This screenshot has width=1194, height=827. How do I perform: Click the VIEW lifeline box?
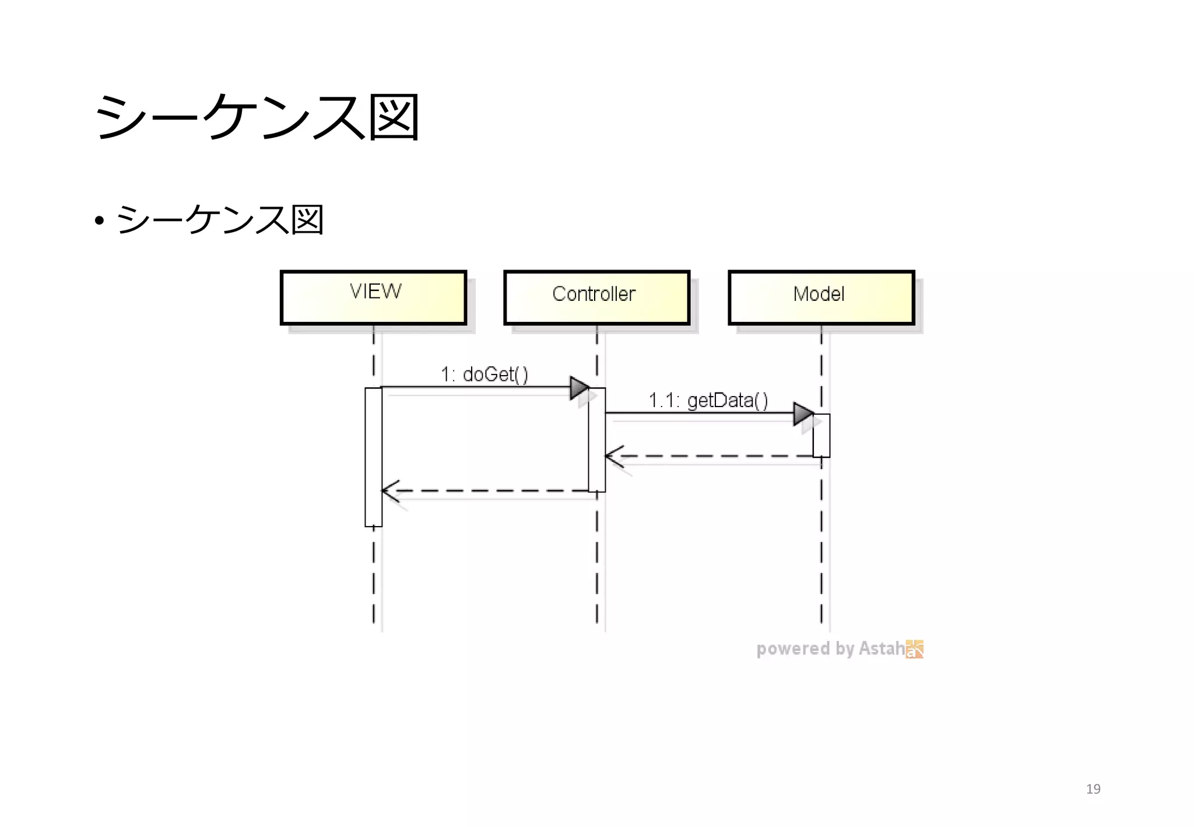tap(374, 297)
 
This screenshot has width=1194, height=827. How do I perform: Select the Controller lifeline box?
tap(596, 297)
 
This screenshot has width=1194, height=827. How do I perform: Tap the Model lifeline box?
tap(821, 297)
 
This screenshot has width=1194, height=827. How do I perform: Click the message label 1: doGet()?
tap(484, 374)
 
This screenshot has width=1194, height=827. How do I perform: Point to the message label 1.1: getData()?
tap(708, 401)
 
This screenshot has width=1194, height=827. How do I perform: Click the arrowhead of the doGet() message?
tap(580, 387)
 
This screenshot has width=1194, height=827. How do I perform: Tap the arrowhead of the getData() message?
tap(803, 413)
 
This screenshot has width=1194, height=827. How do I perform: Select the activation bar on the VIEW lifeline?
tap(374, 457)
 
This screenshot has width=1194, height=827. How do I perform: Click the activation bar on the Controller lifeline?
tap(597, 440)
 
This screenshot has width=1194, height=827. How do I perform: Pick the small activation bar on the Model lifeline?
tap(821, 436)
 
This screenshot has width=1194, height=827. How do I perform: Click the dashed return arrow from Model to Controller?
tap(711, 456)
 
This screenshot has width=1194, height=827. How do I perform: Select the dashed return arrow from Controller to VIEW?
tap(490, 490)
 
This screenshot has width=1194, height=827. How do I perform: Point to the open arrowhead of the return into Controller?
tap(613, 456)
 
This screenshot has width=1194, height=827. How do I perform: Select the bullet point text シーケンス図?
tap(220, 220)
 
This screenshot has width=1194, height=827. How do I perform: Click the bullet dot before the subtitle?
tap(99, 221)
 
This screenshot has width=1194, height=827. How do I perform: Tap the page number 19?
tap(1093, 789)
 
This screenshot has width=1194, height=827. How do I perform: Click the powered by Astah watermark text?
tap(830, 649)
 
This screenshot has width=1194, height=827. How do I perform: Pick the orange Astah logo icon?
tap(915, 649)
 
